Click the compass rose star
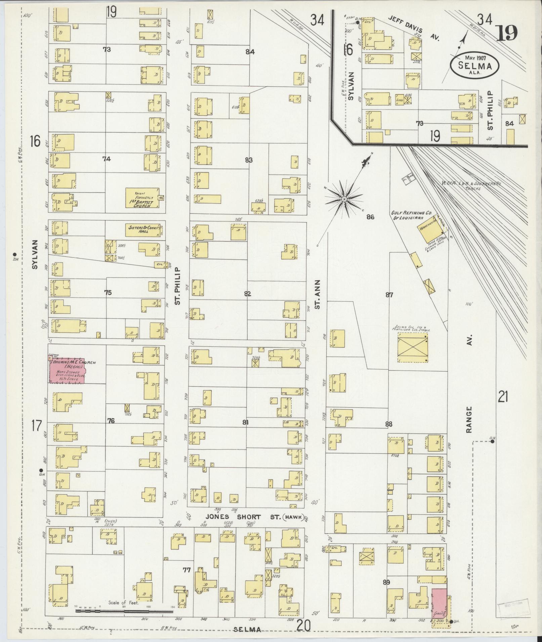pyautogui.click(x=344, y=199)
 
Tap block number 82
pyautogui.click(x=248, y=294)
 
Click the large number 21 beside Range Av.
pyautogui.click(x=503, y=398)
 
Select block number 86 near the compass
pyautogui.click(x=370, y=217)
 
